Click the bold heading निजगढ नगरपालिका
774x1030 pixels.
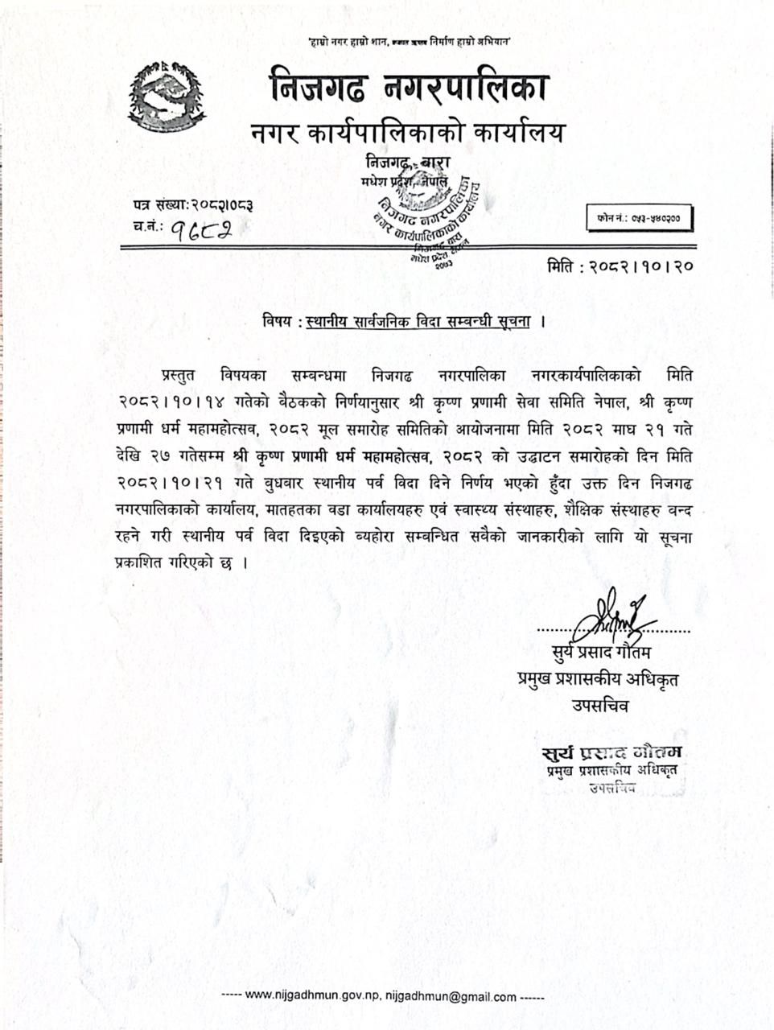[x=409, y=86]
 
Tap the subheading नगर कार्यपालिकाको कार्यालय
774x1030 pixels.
[x=408, y=132]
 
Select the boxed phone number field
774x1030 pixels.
[x=639, y=218]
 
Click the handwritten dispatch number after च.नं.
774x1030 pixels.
[x=196, y=231]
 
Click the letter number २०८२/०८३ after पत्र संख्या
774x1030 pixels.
[x=222, y=206]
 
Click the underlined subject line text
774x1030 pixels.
[x=419, y=322]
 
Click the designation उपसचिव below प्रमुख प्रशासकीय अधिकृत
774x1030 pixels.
[x=600, y=706]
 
